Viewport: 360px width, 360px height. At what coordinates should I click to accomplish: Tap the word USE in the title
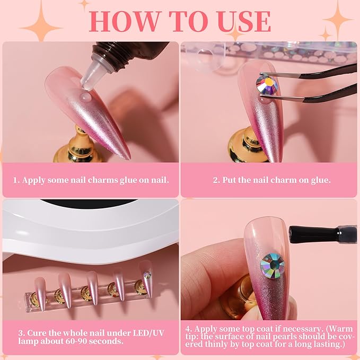click(242, 21)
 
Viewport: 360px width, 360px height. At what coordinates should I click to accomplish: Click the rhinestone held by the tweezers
click(266, 83)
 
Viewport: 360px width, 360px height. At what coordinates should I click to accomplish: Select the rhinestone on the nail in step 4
click(272, 264)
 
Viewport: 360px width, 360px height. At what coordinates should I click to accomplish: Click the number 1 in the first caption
click(16, 180)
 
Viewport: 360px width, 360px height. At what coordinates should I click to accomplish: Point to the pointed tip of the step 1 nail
click(128, 157)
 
